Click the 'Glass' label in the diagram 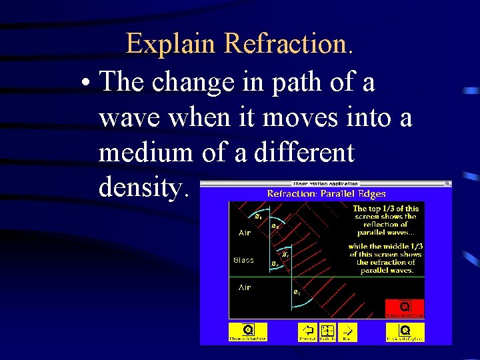click(x=243, y=260)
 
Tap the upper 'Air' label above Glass click(x=245, y=233)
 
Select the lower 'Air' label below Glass click(x=245, y=287)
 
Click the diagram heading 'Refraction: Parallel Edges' click(x=326, y=194)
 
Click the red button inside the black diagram click(x=405, y=308)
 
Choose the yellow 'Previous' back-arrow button click(x=308, y=331)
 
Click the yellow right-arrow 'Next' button click(x=347, y=331)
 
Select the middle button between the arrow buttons click(x=327, y=331)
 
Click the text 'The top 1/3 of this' click(x=385, y=209)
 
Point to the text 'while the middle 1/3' click(x=385, y=246)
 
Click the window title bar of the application click(x=326, y=183)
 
